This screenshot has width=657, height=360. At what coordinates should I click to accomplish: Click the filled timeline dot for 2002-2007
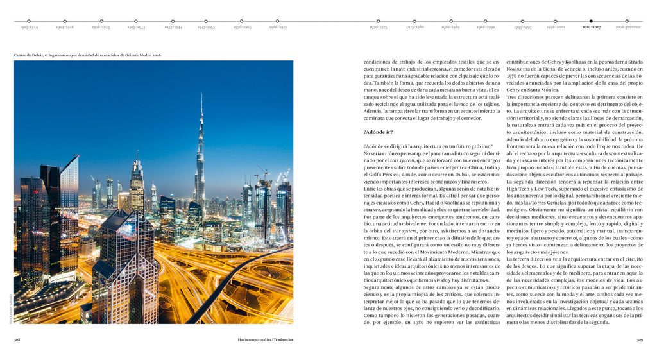(x=591, y=21)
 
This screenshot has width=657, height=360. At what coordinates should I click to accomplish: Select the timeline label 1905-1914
(x=28, y=28)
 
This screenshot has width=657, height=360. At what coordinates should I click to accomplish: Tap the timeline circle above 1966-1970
(x=278, y=21)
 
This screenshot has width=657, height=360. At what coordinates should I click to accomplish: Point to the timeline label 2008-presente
(x=627, y=28)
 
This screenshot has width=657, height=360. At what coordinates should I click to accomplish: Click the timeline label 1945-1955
(x=206, y=28)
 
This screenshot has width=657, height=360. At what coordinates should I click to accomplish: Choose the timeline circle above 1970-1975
(x=378, y=21)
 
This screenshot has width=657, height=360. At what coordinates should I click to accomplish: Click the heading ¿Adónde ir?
(x=378, y=132)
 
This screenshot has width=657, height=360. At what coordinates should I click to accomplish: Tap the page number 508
(x=17, y=340)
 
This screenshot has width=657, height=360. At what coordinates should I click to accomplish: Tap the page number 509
(x=639, y=340)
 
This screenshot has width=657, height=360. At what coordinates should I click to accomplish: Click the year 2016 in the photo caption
(x=157, y=55)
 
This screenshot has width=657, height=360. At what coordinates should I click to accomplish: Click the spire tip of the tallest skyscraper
(x=201, y=95)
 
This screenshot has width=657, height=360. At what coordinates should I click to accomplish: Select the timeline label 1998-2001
(x=556, y=28)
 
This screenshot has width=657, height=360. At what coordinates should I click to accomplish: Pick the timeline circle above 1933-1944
(x=173, y=21)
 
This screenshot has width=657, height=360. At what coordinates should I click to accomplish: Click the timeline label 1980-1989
(x=450, y=28)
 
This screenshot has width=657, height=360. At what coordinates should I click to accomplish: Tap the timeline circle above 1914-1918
(x=65, y=21)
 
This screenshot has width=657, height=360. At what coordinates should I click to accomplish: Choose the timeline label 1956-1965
(x=242, y=28)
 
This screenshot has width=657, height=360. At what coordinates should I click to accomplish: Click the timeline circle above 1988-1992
(x=486, y=21)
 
